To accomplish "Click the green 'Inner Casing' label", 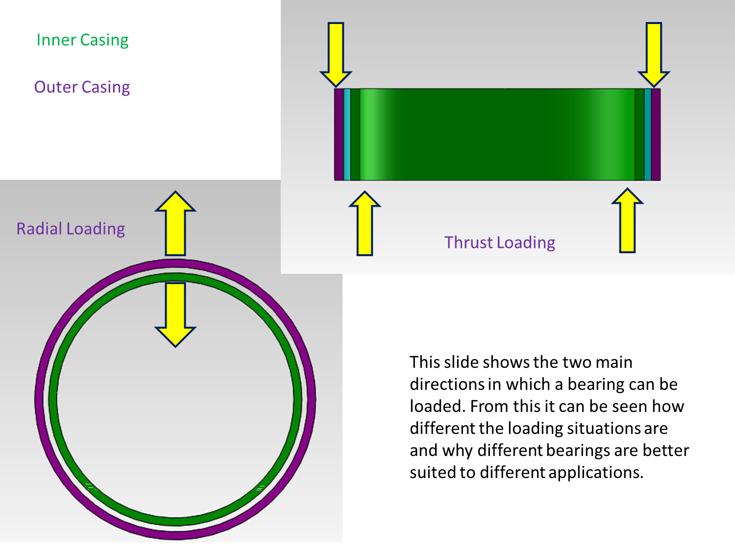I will click(82, 40).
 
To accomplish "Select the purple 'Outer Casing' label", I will click(82, 87).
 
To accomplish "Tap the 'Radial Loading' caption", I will click(71, 229).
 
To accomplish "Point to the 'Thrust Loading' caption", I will click(499, 242).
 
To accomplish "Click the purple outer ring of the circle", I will click(40, 399).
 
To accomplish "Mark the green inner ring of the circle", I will click(53, 399).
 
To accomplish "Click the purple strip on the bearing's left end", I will click(339, 135).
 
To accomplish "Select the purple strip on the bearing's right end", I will click(656, 135).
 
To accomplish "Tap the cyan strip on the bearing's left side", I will click(347, 135).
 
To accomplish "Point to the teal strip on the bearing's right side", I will click(648, 135).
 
